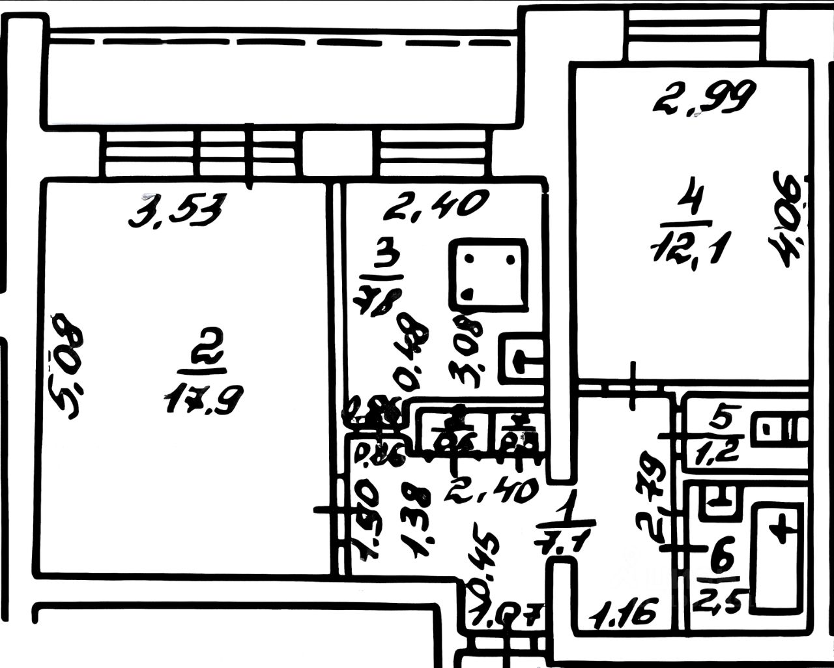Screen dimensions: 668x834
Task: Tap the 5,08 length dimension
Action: [x=68, y=366]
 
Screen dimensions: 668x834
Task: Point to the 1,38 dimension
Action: [x=419, y=521]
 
